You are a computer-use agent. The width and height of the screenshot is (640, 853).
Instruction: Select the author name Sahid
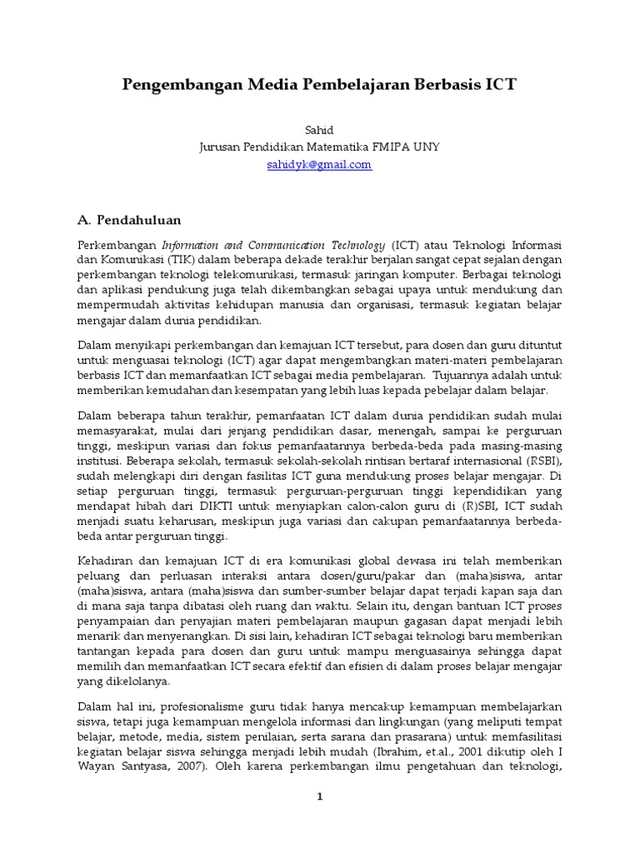319,130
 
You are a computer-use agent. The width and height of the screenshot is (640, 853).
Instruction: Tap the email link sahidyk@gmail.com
319,165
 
